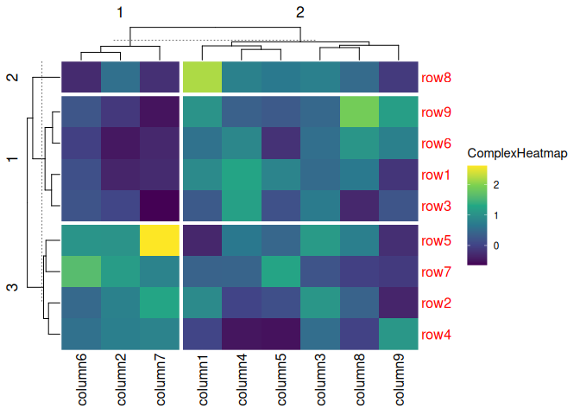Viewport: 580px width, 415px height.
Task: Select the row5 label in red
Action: (436, 240)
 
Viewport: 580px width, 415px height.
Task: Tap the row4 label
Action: (436, 335)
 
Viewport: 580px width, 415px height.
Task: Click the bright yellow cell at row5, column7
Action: (160, 240)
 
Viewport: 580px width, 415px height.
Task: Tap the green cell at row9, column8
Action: (358, 112)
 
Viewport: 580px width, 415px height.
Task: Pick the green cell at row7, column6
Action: (81, 272)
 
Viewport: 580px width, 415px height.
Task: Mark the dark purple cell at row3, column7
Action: (160, 207)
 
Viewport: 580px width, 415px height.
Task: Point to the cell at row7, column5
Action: (281, 272)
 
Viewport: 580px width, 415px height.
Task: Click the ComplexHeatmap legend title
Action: (517, 153)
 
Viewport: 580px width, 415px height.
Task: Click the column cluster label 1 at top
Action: (121, 12)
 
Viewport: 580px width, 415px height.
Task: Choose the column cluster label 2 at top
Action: (299, 12)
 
